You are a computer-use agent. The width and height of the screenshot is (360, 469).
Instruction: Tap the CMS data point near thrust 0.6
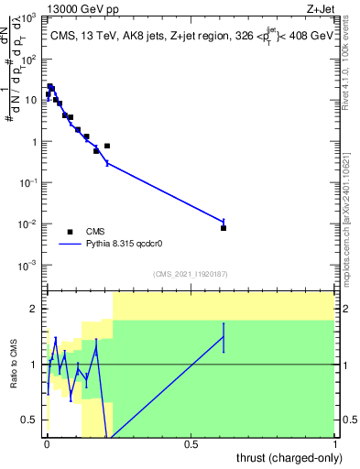coord(224,227)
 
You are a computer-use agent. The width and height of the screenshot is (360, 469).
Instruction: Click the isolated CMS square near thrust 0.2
coord(107,146)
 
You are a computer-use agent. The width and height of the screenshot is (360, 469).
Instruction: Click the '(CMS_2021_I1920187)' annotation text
coord(190,274)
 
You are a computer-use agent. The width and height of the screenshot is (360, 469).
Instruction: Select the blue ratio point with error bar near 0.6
coord(224,337)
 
